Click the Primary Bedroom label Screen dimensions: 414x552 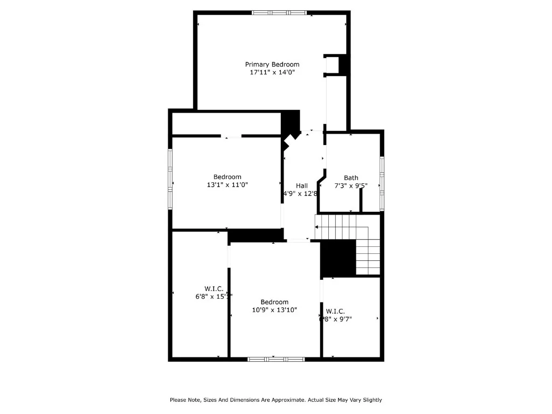pyautogui.click(x=272, y=64)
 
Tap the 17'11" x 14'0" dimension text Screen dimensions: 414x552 pyautogui.click(x=272, y=72)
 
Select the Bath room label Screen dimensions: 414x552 pyautogui.click(x=351, y=178)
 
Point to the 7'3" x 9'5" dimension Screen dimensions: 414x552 pyautogui.click(x=351, y=186)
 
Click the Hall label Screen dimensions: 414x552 pyautogui.click(x=302, y=185)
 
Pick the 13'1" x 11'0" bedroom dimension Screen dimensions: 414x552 pyautogui.click(x=227, y=185)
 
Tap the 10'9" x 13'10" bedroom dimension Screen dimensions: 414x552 pyautogui.click(x=274, y=310)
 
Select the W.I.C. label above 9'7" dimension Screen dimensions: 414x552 pyautogui.click(x=335, y=311)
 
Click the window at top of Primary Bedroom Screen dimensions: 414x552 pyautogui.click(x=279, y=12)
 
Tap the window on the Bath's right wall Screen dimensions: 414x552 pyautogui.click(x=382, y=183)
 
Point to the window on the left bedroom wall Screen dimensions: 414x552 pyautogui.click(x=170, y=178)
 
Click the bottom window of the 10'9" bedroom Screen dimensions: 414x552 pyautogui.click(x=275, y=358)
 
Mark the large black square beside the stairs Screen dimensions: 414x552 pyautogui.click(x=339, y=258)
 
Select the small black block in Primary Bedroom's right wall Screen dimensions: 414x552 pyautogui.click(x=344, y=65)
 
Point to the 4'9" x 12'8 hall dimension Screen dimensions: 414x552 pyautogui.click(x=300, y=194)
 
